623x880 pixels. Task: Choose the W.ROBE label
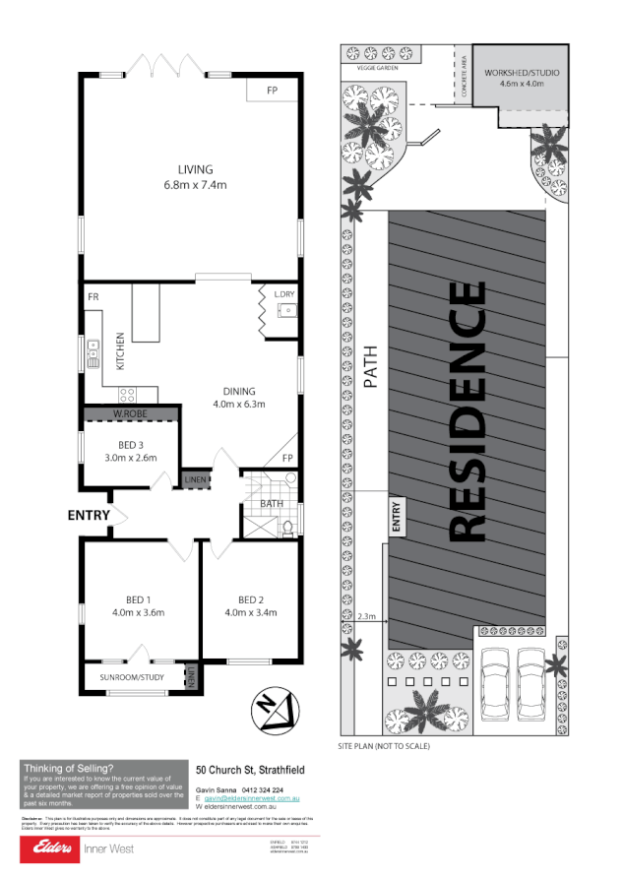[130, 413]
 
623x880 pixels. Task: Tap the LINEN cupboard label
[196, 479]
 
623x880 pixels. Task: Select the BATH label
[271, 504]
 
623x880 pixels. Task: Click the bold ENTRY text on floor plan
[89, 515]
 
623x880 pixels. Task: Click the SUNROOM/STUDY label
[133, 677]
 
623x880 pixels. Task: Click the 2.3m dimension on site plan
[367, 617]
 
